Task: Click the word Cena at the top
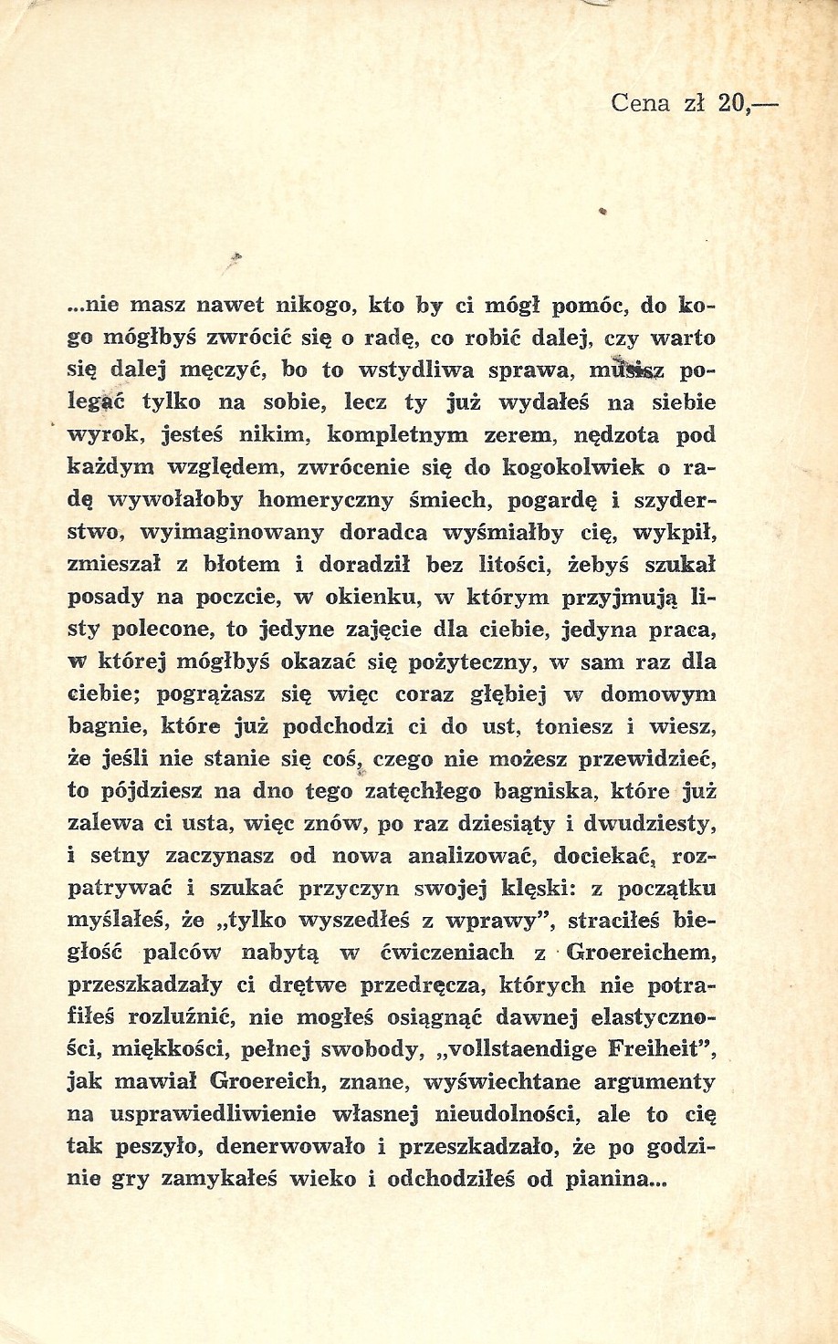(x=640, y=103)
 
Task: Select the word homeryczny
(x=327, y=500)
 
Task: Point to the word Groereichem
(x=638, y=953)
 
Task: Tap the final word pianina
(x=616, y=1178)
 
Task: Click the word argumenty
(x=655, y=1082)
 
